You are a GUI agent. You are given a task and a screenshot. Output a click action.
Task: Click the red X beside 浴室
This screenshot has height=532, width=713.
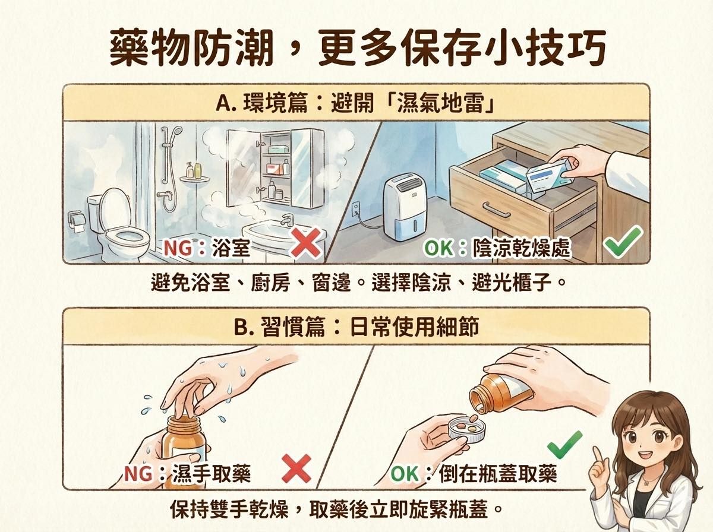[x=305, y=245]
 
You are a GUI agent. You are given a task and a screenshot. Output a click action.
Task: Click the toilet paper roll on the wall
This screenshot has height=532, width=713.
[x=77, y=220]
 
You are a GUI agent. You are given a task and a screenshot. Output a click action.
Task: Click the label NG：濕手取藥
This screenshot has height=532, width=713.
[x=187, y=473]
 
